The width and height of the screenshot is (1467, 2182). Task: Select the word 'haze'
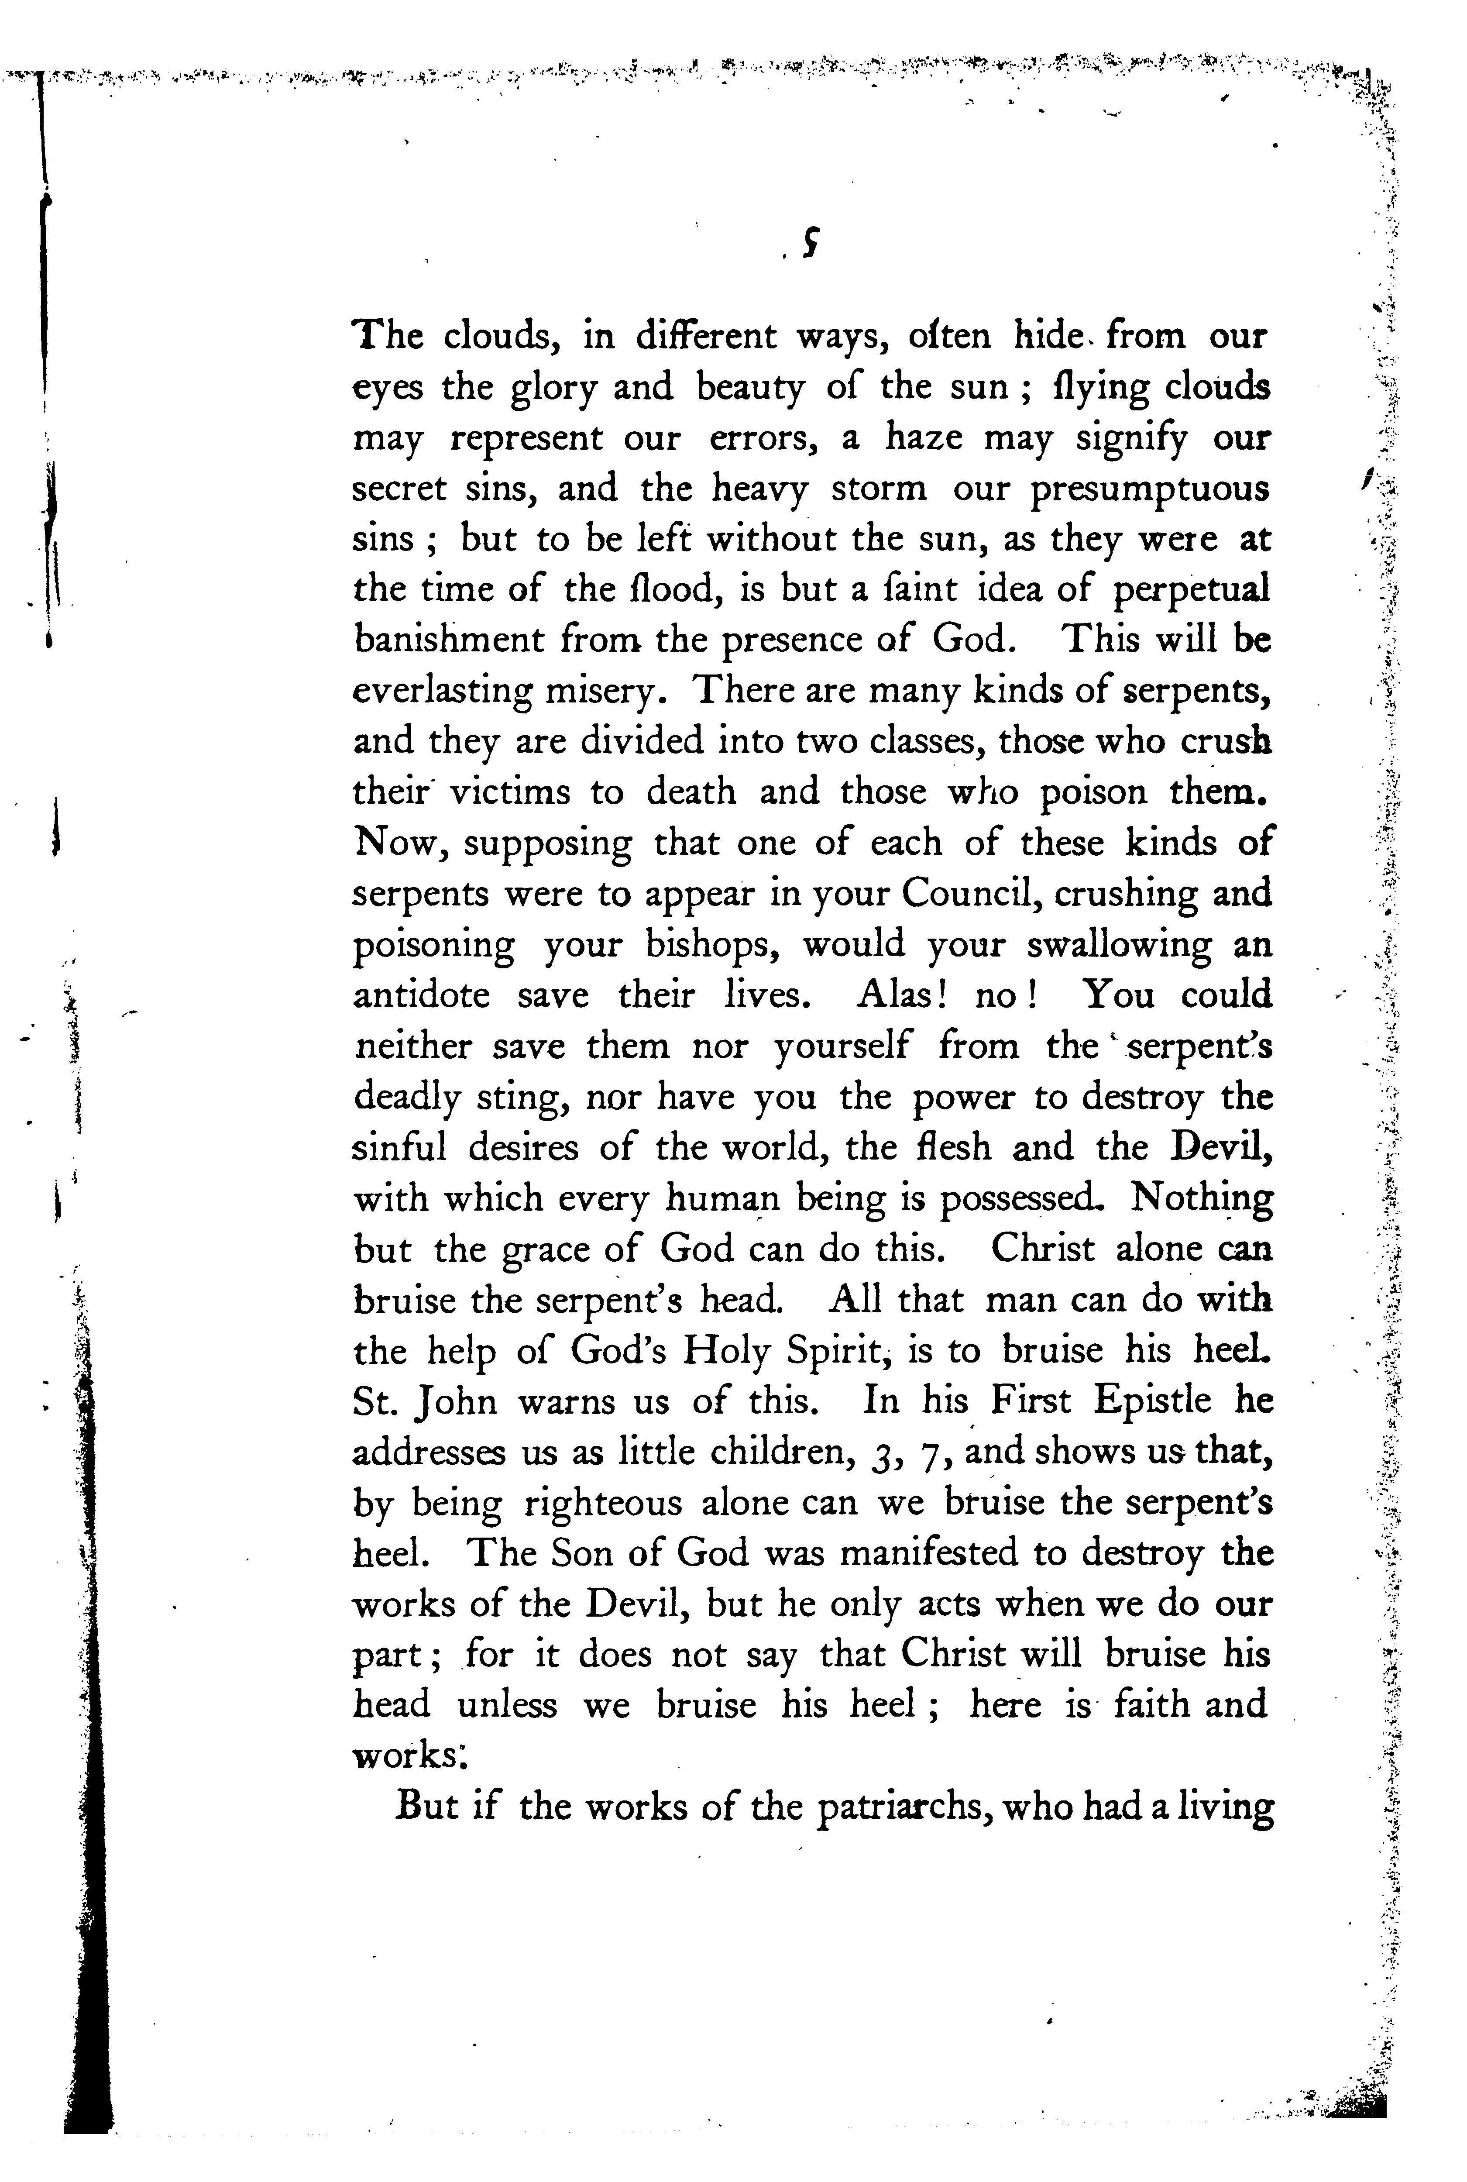click(924, 438)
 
